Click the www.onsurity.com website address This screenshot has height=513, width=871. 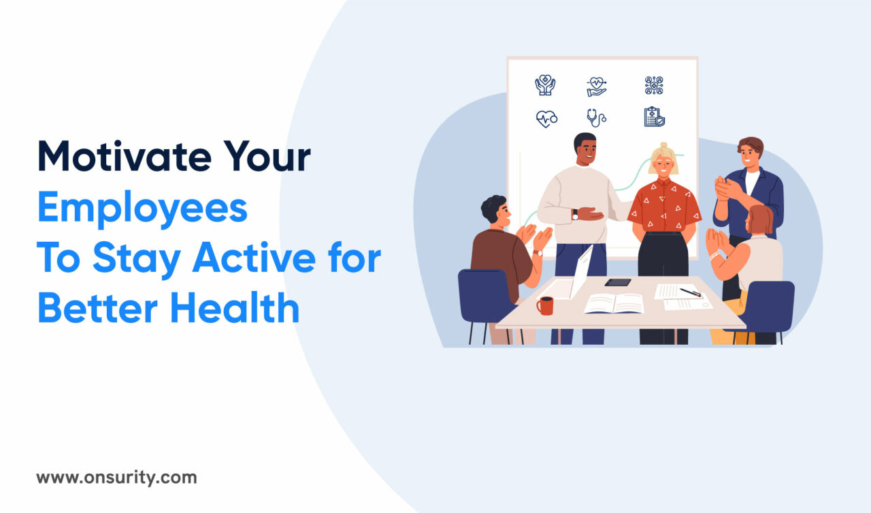point(116,478)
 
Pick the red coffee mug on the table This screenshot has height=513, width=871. point(544,305)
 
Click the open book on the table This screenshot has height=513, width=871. point(614,303)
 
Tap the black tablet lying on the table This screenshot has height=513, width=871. point(617,282)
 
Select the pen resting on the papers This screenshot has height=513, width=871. point(690,292)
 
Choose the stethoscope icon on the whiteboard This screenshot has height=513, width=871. point(596,118)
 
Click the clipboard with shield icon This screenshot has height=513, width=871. point(654,117)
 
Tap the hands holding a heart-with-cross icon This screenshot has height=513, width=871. point(544,85)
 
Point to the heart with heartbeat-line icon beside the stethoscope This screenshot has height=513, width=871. point(546,119)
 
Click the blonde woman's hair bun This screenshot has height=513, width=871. point(663,146)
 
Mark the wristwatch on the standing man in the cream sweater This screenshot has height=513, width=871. point(575,214)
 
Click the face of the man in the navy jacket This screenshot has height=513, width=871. point(750,153)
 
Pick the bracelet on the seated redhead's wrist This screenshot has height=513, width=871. point(714,256)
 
